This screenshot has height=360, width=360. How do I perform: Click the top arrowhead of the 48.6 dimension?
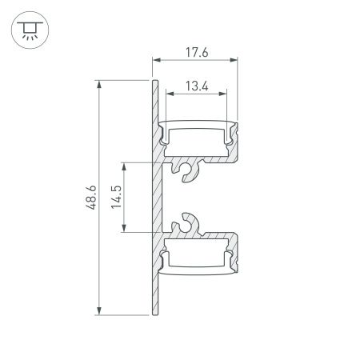click(x=99, y=82)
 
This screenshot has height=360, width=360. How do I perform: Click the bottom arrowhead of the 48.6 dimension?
click(x=99, y=311)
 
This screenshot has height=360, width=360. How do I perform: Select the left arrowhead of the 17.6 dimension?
click(x=155, y=60)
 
